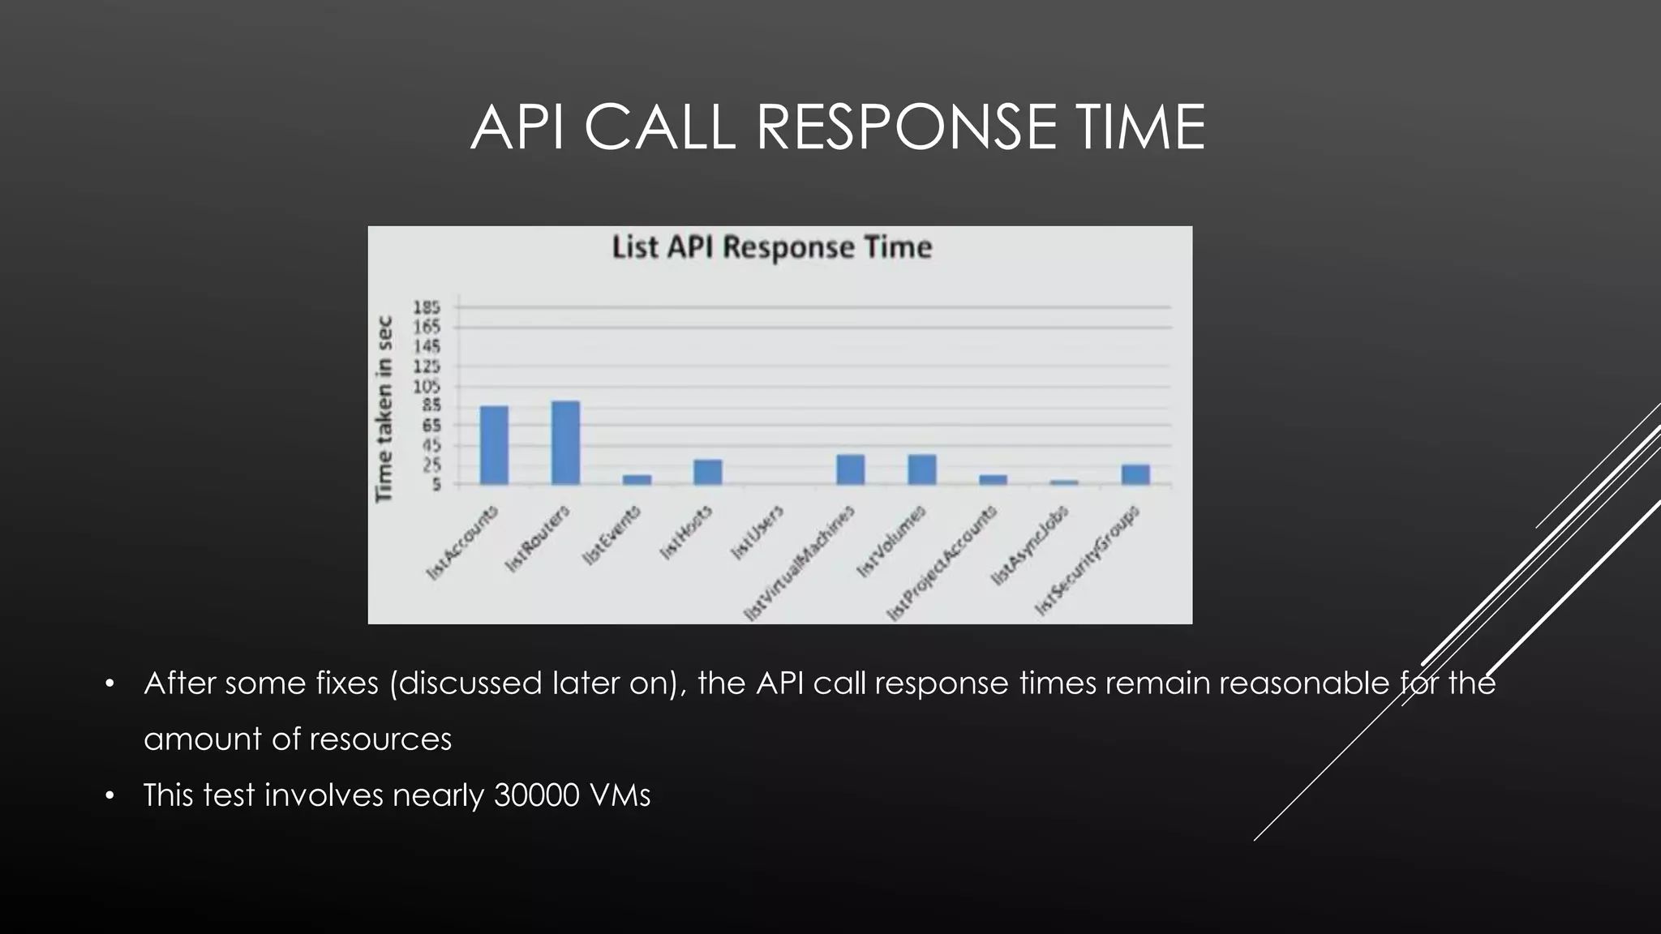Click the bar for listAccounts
coord(494,445)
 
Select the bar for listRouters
coord(565,443)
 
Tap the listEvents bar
coord(637,479)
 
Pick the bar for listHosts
coord(707,472)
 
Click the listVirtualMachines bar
coord(850,469)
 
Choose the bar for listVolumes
coord(921,469)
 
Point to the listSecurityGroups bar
coord(1135,474)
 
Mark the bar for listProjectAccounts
coord(993,479)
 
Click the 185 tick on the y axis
coord(427,307)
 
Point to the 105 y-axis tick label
coord(427,387)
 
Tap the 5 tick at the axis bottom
coord(436,485)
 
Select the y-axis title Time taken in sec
coord(384,409)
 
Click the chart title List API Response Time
coord(771,247)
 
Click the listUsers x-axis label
coord(758,532)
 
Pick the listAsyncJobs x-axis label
coord(1030,545)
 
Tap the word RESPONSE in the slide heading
coord(907,127)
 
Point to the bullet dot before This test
coord(110,795)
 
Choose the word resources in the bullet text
coord(380,739)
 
